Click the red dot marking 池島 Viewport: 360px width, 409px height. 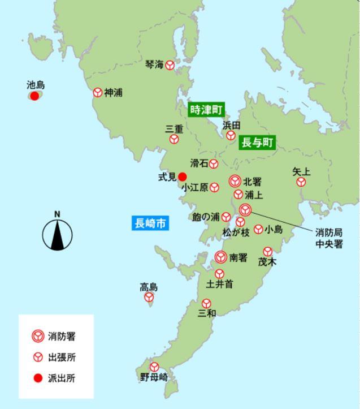(x=34, y=96)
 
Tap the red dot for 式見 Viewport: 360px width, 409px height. (x=182, y=176)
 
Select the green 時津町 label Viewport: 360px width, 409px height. (x=206, y=109)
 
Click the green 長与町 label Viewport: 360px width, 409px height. (x=257, y=143)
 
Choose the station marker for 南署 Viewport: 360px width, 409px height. (x=221, y=257)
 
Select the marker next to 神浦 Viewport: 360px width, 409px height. (x=97, y=92)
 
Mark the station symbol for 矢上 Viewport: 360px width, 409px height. (x=301, y=182)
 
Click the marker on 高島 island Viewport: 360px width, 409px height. (x=149, y=297)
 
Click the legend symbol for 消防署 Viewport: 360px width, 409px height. (x=38, y=336)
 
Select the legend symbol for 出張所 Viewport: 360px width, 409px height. (x=38, y=357)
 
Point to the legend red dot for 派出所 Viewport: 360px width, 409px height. (x=38, y=378)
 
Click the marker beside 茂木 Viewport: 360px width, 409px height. (x=267, y=251)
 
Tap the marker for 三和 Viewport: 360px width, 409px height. (x=206, y=304)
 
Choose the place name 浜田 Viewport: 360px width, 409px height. (x=232, y=125)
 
